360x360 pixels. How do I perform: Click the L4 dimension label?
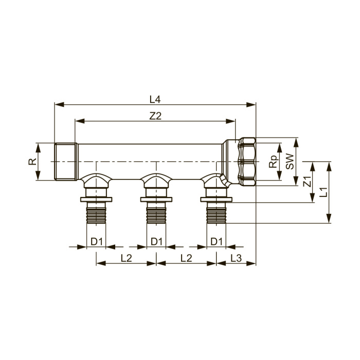(155, 99)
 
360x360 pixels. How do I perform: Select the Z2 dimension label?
(155, 116)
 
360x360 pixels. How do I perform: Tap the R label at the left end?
(32, 161)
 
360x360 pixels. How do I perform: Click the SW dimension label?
(290, 161)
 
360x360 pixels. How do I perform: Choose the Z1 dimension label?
(307, 182)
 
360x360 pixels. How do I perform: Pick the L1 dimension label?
(323, 192)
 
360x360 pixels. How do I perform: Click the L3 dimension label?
(236, 258)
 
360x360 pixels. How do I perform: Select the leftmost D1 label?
(97, 241)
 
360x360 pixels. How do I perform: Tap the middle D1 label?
(156, 241)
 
